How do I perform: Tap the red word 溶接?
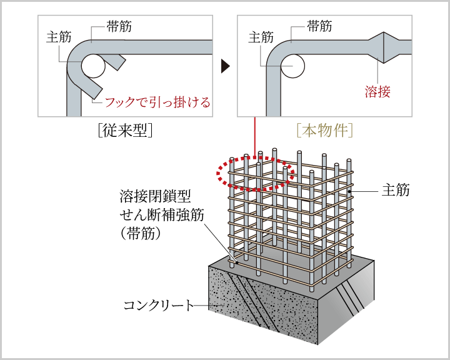(377, 92)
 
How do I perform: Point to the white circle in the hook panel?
(93, 65)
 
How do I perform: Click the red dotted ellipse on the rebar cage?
(255, 171)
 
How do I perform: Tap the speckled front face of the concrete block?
(262, 306)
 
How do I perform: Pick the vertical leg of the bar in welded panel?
(274, 94)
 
